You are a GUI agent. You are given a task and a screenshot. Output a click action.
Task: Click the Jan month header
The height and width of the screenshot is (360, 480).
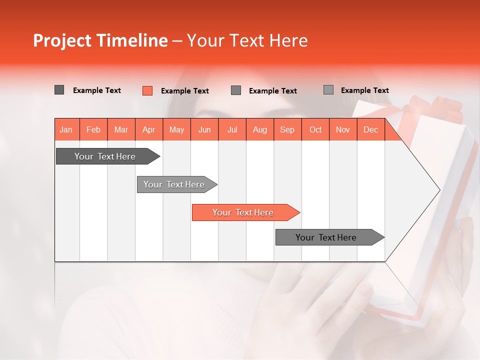tap(66, 129)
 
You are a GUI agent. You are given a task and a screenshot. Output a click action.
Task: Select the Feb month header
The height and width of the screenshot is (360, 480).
tap(93, 129)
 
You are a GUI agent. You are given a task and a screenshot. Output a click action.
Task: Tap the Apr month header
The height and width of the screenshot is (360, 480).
tap(148, 129)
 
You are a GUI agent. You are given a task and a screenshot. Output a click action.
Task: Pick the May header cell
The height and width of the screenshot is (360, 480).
tap(176, 129)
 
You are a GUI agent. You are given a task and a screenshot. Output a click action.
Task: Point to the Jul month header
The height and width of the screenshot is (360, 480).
tap(232, 129)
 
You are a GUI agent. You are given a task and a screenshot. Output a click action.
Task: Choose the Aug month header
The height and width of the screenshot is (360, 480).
tap(259, 129)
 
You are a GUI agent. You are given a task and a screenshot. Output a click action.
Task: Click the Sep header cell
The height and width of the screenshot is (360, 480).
tap(287, 129)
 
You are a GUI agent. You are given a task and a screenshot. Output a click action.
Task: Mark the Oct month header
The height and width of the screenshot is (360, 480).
tap(315, 129)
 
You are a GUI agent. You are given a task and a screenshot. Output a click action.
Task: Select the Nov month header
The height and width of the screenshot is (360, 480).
tap(343, 129)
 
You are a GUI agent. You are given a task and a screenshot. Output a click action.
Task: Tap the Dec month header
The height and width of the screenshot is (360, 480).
tap(370, 129)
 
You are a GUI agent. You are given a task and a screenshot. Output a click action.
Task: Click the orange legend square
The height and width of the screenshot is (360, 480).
tap(147, 90)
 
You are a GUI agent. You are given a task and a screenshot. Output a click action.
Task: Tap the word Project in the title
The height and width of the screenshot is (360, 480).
tap(62, 40)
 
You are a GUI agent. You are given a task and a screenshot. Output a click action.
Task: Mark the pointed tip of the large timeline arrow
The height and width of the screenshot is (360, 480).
tap(439, 189)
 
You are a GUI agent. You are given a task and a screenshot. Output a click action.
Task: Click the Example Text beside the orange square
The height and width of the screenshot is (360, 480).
tap(185, 91)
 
